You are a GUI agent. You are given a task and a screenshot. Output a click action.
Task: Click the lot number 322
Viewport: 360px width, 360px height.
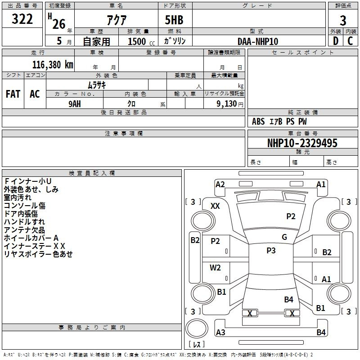(x=22, y=19)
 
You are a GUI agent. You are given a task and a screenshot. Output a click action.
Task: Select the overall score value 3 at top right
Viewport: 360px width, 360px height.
(x=343, y=20)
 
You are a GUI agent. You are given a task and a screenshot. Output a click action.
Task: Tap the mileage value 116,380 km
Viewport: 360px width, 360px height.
(x=53, y=64)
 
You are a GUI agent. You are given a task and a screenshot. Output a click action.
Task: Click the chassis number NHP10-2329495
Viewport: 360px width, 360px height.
(x=302, y=143)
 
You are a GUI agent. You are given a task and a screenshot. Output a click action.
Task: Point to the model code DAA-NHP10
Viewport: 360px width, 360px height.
(x=258, y=41)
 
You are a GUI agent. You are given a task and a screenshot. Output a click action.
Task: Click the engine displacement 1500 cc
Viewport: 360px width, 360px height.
(x=139, y=41)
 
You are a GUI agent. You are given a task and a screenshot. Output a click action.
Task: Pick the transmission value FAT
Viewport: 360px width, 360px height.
(x=13, y=94)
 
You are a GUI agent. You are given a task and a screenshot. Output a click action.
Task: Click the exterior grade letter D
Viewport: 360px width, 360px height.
(x=335, y=41)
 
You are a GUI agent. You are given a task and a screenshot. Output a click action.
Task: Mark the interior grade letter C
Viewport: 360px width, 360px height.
(x=350, y=41)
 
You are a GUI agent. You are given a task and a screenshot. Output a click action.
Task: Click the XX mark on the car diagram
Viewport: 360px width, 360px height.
(x=215, y=206)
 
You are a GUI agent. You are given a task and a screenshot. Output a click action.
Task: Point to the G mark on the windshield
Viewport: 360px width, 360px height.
(x=284, y=237)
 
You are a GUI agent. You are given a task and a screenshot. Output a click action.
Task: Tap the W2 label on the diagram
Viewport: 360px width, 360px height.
(x=215, y=267)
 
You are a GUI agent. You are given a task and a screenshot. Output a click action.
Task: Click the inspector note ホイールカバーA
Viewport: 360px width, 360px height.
(x=31, y=238)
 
